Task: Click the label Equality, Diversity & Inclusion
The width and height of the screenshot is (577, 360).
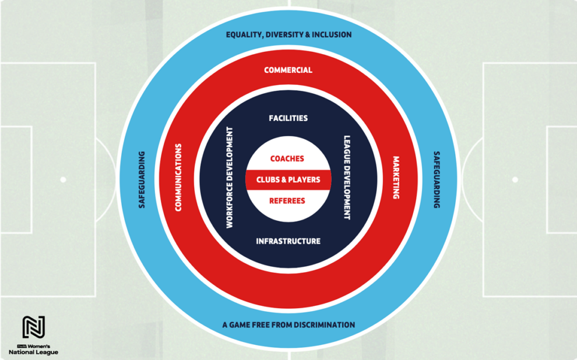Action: coord(288,34)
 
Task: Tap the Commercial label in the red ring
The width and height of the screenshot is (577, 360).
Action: coord(288,70)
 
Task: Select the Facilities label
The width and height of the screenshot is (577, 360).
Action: coord(288,118)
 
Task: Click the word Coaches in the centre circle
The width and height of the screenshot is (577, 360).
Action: coord(287,158)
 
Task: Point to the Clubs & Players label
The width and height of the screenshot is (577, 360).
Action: coord(288,179)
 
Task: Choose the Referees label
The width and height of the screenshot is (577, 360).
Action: coord(287,201)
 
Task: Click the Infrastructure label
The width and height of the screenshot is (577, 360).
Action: coord(288,241)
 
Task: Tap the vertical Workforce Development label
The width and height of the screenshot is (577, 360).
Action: coord(230,178)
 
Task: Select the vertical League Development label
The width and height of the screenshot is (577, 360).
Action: coord(347,178)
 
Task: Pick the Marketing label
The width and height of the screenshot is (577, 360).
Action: coord(396,178)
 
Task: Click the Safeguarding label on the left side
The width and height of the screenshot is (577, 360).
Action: coord(142,180)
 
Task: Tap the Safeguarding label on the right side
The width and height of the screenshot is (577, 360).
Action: coord(437,180)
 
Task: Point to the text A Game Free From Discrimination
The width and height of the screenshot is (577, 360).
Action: coord(288,324)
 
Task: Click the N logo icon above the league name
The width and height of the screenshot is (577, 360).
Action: coord(34,327)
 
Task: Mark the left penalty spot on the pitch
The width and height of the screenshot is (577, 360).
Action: coord(63,180)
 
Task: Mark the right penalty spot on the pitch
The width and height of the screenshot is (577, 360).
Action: coord(515,180)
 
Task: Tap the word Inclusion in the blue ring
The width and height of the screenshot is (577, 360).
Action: coord(332,34)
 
